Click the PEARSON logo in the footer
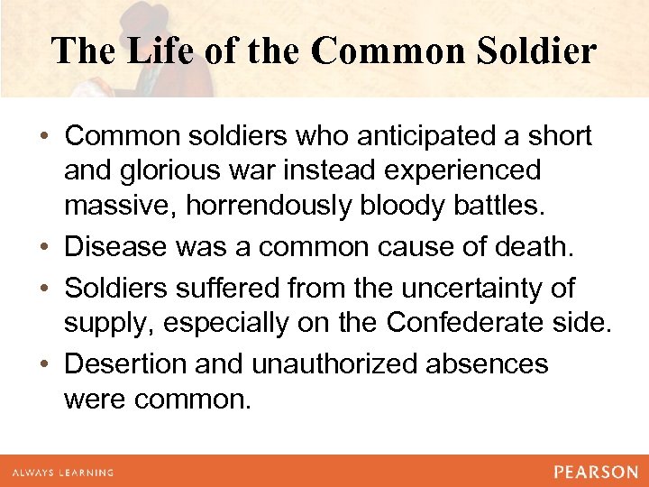(596, 472)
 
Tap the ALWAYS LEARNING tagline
(62, 472)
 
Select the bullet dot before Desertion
(44, 363)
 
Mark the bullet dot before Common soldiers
(44, 137)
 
